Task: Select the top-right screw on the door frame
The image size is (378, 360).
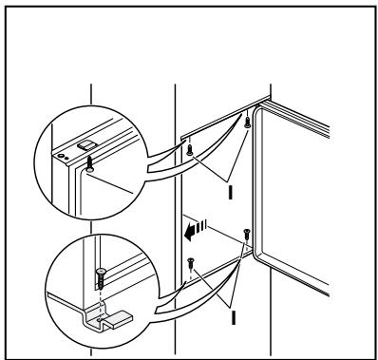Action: [247, 122]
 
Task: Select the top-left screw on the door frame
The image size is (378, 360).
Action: [190, 149]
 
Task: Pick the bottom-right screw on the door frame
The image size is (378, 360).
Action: [246, 233]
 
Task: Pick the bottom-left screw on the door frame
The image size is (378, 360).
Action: [190, 261]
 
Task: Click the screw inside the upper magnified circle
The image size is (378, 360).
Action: [87, 163]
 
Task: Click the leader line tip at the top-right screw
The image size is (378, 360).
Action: [245, 130]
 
